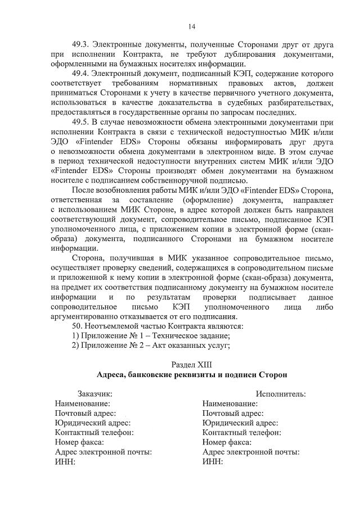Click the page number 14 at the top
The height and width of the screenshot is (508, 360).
pyautogui.click(x=192, y=26)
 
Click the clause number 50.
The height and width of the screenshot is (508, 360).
pyautogui.click(x=78, y=325)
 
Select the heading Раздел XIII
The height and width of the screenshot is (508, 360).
pyautogui.click(x=192, y=365)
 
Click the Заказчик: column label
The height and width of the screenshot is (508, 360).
pyautogui.click(x=94, y=394)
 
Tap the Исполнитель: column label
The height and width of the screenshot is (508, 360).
pyautogui.click(x=281, y=394)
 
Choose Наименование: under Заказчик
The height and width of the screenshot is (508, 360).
pyautogui.click(x=82, y=403)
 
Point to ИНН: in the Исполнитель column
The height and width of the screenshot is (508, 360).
pyautogui.click(x=213, y=461)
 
